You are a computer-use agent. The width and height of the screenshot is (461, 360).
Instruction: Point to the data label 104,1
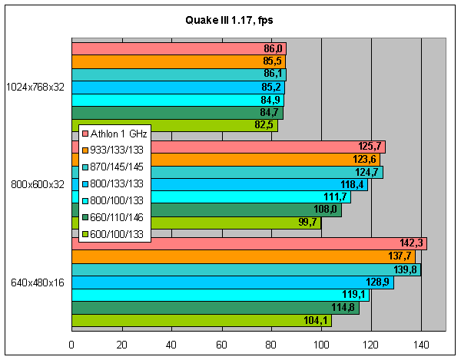(317, 322)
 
